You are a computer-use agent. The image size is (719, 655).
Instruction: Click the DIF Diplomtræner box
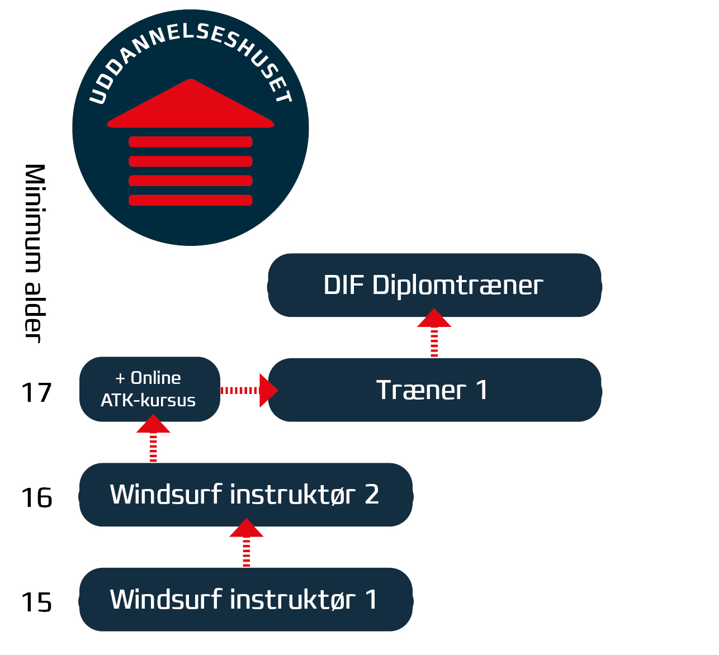pyautogui.click(x=434, y=286)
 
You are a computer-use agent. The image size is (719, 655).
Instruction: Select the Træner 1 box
pyautogui.click(x=434, y=390)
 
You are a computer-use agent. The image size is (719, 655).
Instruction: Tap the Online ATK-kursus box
pyautogui.click(x=149, y=390)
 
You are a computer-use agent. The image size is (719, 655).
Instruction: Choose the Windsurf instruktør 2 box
pyautogui.click(x=245, y=495)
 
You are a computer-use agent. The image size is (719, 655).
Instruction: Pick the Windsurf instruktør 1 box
pyautogui.click(x=245, y=600)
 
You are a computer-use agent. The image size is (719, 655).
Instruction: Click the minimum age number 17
pyautogui.click(x=36, y=393)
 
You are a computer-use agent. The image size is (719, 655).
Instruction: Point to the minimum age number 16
pyautogui.click(x=36, y=497)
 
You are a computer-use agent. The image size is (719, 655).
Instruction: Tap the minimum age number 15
pyautogui.click(x=36, y=602)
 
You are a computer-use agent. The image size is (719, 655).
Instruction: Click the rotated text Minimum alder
pyautogui.click(x=34, y=253)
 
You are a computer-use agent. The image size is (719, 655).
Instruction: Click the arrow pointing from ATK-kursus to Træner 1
pyautogui.click(x=249, y=390)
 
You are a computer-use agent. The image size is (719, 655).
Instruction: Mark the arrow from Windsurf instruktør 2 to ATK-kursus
pyautogui.click(x=153, y=439)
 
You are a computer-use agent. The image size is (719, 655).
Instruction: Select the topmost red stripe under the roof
pyautogui.click(x=191, y=142)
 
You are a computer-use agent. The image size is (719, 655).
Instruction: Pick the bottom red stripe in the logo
pyautogui.click(x=191, y=200)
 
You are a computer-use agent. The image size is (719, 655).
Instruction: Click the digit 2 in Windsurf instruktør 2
pyautogui.click(x=372, y=495)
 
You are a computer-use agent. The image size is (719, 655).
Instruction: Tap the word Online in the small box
pyautogui.click(x=155, y=378)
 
